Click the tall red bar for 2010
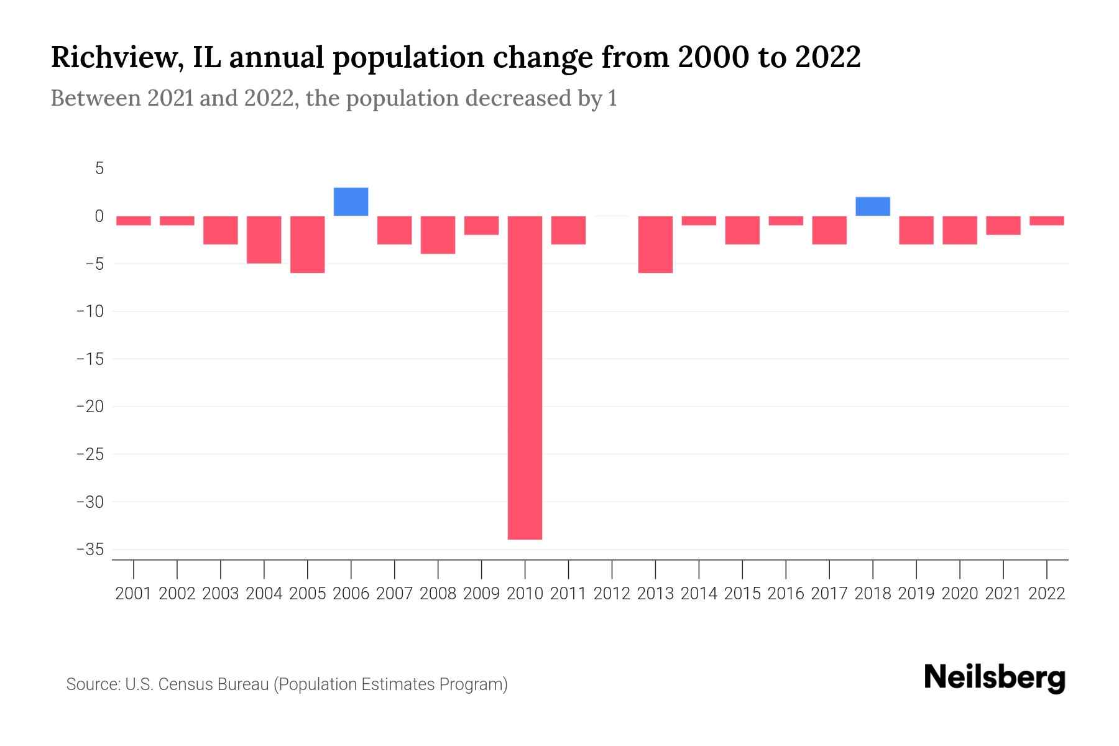point(525,377)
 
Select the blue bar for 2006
point(351,201)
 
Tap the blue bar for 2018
point(873,206)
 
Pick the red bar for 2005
point(308,244)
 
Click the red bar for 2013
point(655,244)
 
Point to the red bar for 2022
point(1047,221)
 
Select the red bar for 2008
point(438,235)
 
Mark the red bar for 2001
point(134,221)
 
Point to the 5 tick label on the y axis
point(99,168)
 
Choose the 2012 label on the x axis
point(612,594)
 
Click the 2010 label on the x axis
point(525,594)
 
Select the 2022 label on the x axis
point(1047,594)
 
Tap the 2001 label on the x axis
point(134,594)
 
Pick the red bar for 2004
point(264,239)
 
